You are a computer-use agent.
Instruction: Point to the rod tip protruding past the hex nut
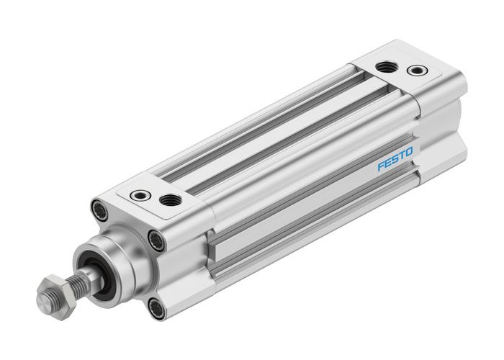44,299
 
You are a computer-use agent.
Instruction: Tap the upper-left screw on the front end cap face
100,210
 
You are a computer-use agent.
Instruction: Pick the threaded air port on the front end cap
171,199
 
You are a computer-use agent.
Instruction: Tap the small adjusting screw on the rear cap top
416,71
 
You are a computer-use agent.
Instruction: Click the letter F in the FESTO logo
380,167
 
